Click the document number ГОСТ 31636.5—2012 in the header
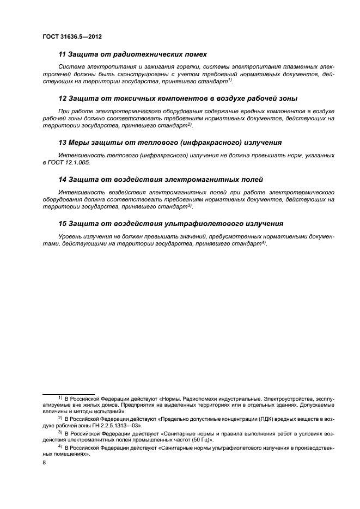tap(72, 36)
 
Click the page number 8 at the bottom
tap(45, 462)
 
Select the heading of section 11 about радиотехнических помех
tap(132, 54)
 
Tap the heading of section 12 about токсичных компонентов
tap(178, 99)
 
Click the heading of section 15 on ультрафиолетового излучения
tap(170, 223)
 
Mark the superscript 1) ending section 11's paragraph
tap(230, 79)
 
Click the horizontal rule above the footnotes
tap(69, 394)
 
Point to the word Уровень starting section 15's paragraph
tap(70, 236)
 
